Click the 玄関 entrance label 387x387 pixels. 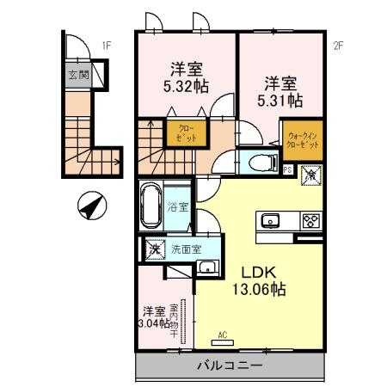click(78, 75)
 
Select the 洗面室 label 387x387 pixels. click(185, 250)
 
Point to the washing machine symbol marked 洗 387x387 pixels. click(154, 250)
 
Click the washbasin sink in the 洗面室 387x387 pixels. click(206, 267)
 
